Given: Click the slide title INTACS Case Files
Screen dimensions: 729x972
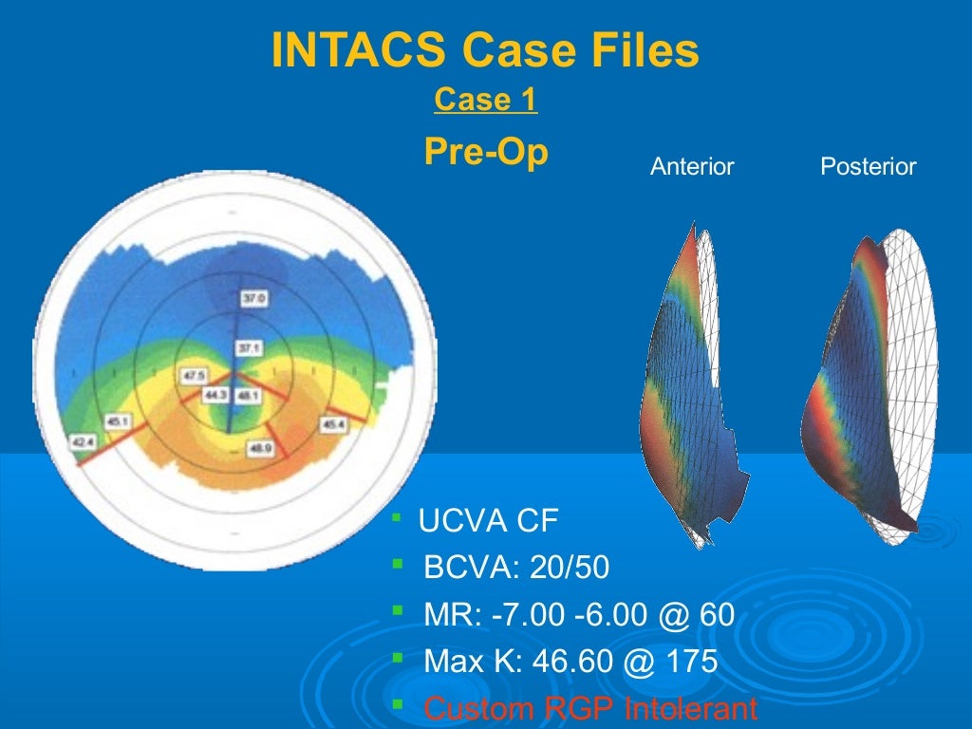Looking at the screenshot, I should (x=485, y=50).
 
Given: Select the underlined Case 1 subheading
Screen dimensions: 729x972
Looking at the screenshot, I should (x=485, y=100).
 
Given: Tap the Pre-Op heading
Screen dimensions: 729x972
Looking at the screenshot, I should (x=485, y=152).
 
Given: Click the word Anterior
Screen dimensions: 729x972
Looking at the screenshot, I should (x=692, y=167).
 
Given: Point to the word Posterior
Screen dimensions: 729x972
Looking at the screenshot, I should (x=868, y=167).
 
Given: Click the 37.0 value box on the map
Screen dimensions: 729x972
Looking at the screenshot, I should (x=254, y=299).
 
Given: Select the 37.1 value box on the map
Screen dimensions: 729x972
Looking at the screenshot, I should (x=250, y=348).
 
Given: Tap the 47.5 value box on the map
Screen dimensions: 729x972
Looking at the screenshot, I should (x=194, y=376).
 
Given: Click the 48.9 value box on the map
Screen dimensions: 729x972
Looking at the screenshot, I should (x=259, y=448).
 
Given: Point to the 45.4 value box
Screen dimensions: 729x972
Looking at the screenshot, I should (x=333, y=425).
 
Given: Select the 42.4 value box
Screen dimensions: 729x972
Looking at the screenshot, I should (x=84, y=441).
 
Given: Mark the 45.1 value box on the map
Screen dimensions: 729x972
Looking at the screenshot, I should (x=119, y=420).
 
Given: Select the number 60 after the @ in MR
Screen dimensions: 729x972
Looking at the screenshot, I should (x=717, y=614).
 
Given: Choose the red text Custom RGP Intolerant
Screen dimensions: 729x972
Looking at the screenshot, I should (x=590, y=708).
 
